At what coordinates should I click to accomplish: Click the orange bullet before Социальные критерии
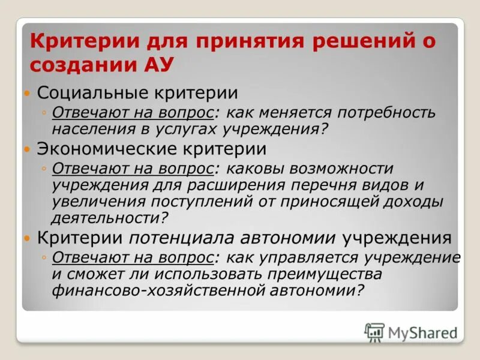26,94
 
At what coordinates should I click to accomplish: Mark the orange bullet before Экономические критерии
26,148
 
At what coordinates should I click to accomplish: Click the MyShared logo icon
374,332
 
